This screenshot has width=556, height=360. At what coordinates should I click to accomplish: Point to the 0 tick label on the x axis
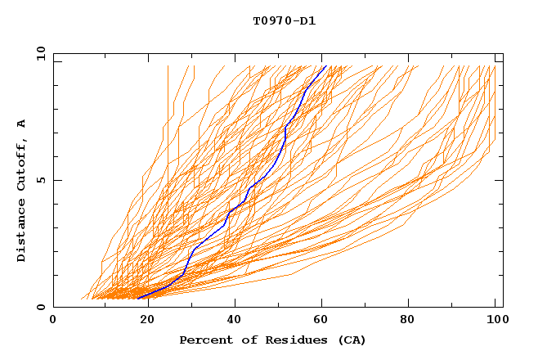click(x=53, y=320)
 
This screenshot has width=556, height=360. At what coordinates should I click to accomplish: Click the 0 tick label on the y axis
click(x=41, y=308)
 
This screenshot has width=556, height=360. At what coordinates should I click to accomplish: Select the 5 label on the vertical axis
click(x=41, y=180)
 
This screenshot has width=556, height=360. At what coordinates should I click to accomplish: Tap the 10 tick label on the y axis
click(x=39, y=53)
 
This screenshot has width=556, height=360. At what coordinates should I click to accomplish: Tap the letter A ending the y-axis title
click(x=22, y=124)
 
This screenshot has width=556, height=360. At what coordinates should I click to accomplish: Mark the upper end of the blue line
click(x=325, y=65)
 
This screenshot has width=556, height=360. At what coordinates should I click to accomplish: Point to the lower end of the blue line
click(x=138, y=298)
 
